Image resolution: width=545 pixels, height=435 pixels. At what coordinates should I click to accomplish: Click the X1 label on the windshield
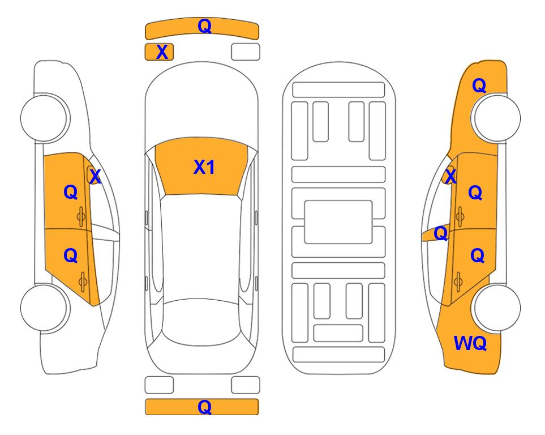click(x=204, y=167)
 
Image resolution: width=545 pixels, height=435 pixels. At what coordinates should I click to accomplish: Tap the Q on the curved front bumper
click(x=204, y=26)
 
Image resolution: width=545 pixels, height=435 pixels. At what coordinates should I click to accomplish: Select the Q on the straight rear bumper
click(x=204, y=407)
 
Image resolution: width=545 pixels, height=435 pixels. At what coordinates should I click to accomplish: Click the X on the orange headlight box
click(x=162, y=52)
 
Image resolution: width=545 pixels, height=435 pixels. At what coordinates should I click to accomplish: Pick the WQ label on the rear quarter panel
click(x=470, y=343)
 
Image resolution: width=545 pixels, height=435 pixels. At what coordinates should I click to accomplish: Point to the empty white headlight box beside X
click(x=246, y=52)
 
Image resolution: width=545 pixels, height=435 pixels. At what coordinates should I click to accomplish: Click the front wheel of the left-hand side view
click(x=44, y=118)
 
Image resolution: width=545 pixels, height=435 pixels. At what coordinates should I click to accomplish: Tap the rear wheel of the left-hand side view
click(x=44, y=308)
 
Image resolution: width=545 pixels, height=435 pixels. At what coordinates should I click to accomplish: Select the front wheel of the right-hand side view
click(x=497, y=118)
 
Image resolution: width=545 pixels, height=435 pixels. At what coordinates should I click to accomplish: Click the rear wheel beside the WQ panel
click(x=497, y=308)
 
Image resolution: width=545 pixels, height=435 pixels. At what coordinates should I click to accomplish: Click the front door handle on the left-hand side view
click(x=81, y=216)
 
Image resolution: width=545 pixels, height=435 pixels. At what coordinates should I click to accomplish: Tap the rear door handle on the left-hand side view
click(x=83, y=282)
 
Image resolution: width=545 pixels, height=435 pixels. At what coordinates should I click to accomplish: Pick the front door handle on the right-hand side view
click(x=460, y=216)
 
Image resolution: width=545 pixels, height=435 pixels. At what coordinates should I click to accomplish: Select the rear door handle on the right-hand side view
click(x=458, y=282)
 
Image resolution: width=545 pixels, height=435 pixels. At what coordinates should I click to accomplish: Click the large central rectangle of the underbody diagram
click(x=338, y=222)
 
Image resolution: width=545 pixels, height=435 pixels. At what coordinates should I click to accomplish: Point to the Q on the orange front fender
click(x=479, y=86)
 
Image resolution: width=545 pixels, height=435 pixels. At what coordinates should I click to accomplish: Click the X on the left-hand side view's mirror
click(x=95, y=176)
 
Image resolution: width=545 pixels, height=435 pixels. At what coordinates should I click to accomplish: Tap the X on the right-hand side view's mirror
click(x=450, y=176)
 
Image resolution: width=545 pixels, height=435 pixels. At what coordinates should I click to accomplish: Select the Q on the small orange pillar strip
click(x=440, y=233)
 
